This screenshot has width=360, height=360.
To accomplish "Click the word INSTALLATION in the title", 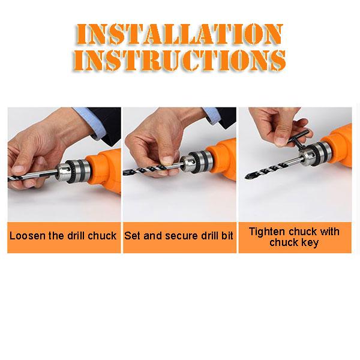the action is click(179, 34).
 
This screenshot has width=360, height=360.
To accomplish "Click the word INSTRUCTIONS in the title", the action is click(179, 60).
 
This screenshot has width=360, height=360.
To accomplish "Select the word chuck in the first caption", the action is click(102, 236).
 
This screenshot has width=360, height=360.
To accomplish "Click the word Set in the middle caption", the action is click(132, 236).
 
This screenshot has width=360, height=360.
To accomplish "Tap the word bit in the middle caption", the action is click(227, 236).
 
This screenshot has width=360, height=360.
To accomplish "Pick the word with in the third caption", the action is click(329, 231).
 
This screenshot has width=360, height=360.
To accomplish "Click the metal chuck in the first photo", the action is click(73, 171).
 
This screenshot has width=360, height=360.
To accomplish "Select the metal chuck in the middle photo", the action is click(197, 163).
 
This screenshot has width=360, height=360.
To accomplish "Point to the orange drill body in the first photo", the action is click(104, 170).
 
